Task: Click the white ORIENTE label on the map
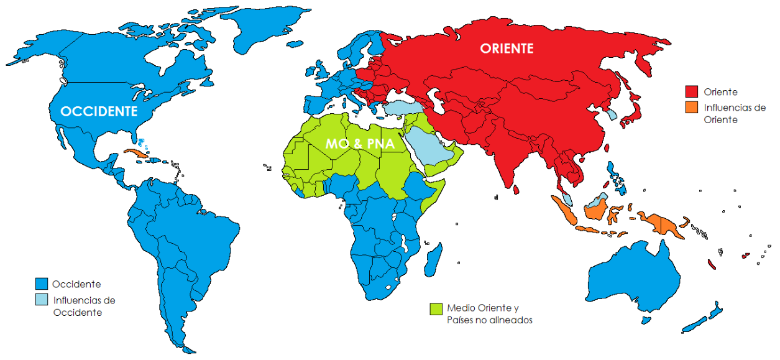pyautogui.click(x=507, y=48)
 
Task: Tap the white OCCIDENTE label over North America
pyautogui.click(x=98, y=112)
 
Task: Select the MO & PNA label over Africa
pyautogui.click(x=360, y=143)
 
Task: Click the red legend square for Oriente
pyautogui.click(x=691, y=91)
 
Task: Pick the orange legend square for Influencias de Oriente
pyautogui.click(x=691, y=108)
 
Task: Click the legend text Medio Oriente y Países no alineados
pyautogui.click(x=489, y=314)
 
